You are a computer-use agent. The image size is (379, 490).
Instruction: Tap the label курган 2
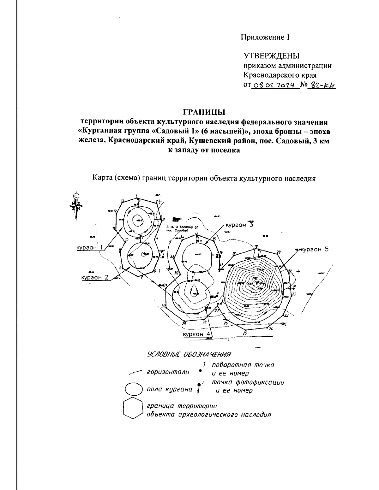(95, 277)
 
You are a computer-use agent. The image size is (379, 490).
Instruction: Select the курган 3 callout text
(239, 225)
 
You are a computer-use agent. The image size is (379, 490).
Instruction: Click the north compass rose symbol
(75, 205)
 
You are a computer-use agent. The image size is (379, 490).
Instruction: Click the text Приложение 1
(265, 37)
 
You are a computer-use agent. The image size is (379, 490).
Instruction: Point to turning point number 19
(256, 246)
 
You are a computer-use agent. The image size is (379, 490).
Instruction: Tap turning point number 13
(123, 200)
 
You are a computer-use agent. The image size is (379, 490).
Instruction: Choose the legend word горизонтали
(168, 372)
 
